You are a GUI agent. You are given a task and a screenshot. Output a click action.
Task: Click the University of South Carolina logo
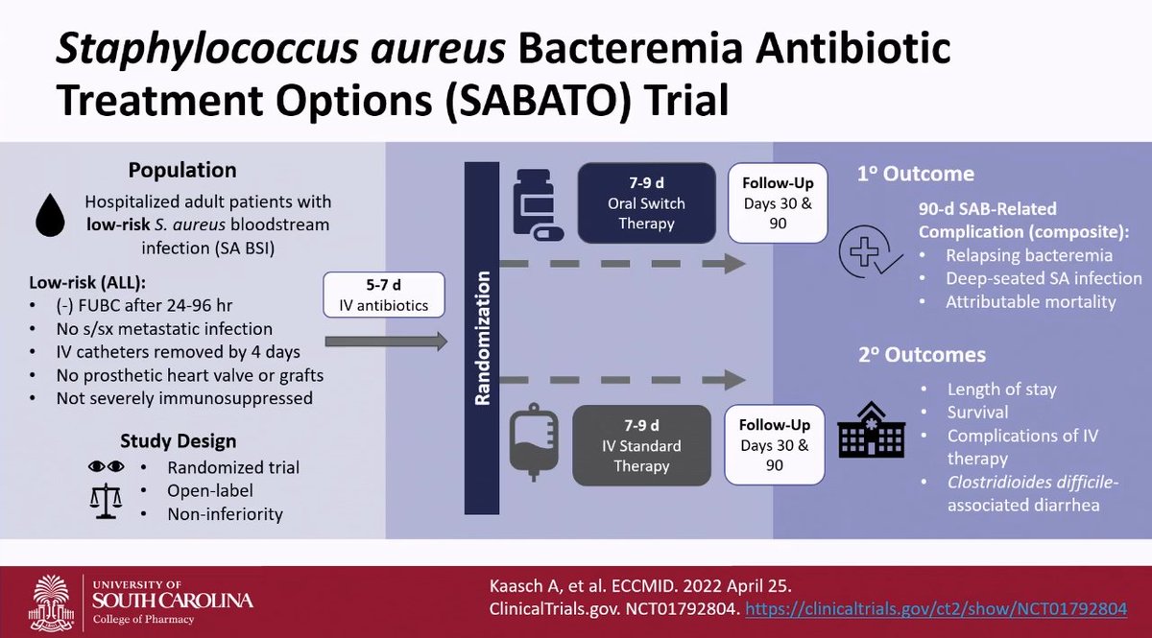144,600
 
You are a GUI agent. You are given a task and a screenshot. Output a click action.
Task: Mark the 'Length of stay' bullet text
1001,390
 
